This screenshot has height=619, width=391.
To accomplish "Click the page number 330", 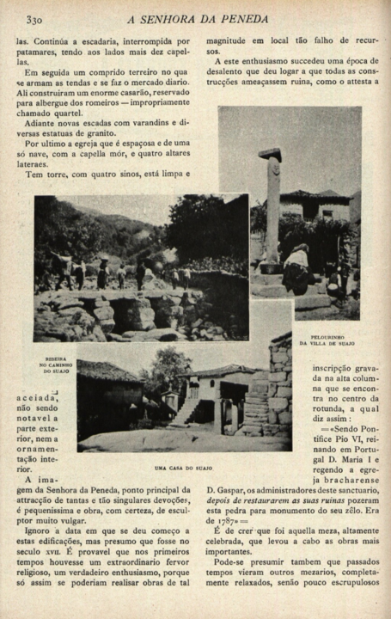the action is (x=34, y=18).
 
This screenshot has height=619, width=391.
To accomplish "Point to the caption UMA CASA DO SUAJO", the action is (x=184, y=468).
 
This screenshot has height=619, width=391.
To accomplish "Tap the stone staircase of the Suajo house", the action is (x=256, y=408).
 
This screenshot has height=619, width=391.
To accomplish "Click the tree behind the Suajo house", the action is (x=165, y=368).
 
